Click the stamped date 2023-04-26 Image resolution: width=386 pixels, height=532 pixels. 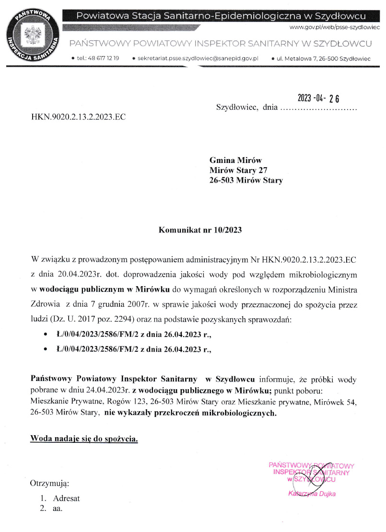(x=318, y=98)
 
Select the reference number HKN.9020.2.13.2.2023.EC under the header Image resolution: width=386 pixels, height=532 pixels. (x=78, y=116)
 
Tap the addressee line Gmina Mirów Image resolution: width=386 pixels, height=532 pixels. (x=236, y=160)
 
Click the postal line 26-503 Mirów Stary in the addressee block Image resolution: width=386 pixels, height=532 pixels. (x=246, y=181)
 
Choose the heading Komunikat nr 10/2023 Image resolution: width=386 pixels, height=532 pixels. (x=200, y=230)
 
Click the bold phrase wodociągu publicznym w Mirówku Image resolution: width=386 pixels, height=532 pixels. (x=105, y=290)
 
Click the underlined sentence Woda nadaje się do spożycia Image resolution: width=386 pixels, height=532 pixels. (x=84, y=439)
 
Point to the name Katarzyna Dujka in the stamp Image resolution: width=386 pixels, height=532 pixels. (x=312, y=494)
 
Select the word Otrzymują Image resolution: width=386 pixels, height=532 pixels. (x=50, y=483)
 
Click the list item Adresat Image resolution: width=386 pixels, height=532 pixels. (x=66, y=498)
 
